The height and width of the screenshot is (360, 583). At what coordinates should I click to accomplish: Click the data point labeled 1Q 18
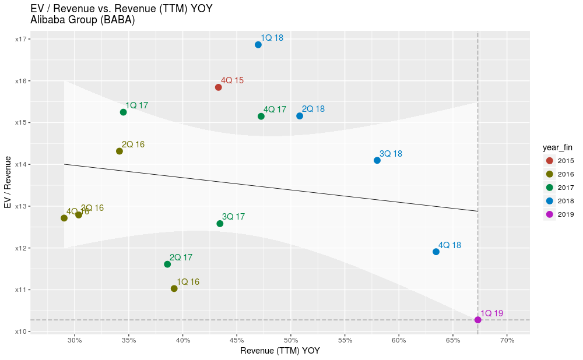pos(258,45)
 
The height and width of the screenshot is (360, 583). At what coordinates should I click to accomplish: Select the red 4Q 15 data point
pos(219,87)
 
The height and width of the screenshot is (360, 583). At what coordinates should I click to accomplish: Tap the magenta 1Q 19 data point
pos(478,320)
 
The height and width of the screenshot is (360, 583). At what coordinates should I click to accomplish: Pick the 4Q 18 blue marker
pos(436,252)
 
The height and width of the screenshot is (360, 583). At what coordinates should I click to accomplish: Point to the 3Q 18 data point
pos(377,160)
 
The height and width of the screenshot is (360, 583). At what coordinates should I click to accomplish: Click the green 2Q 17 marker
pos(167,264)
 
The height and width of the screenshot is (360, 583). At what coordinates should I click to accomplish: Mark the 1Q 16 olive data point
pos(174,288)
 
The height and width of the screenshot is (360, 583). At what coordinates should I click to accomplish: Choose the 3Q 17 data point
pos(220,224)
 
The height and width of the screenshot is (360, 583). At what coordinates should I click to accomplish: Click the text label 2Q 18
pos(313,109)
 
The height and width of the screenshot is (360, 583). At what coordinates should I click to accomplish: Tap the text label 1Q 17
pos(136,105)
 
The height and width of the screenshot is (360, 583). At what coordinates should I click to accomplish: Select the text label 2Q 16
pos(133,144)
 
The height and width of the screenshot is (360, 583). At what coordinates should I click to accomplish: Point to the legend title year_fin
pos(559,147)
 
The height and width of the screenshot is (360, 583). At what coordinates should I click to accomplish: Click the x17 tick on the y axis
pos(23,39)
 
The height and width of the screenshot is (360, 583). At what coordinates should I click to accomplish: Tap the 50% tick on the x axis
pos(291,340)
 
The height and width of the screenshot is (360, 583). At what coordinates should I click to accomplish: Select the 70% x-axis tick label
pos(507,340)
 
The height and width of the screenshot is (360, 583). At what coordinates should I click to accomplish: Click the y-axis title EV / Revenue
pos(8,182)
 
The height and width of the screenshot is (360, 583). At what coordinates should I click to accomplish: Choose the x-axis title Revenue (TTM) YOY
pos(280,351)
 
